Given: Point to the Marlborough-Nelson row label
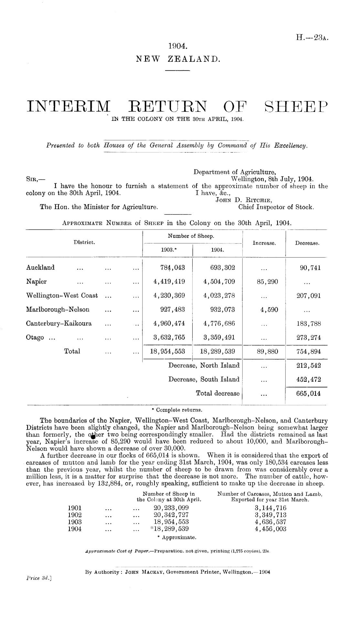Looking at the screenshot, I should pyautogui.click(x=58, y=310).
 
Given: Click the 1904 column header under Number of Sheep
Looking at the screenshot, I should pyautogui.click(x=217, y=250).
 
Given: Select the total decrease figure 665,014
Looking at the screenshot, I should pyautogui.click(x=308, y=394).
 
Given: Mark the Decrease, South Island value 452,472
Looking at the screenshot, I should pyautogui.click(x=308, y=380).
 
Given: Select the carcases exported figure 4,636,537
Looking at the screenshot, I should pyautogui.click(x=270, y=522).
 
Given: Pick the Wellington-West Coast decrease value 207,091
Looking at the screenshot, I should pyautogui.click(x=308, y=296).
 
